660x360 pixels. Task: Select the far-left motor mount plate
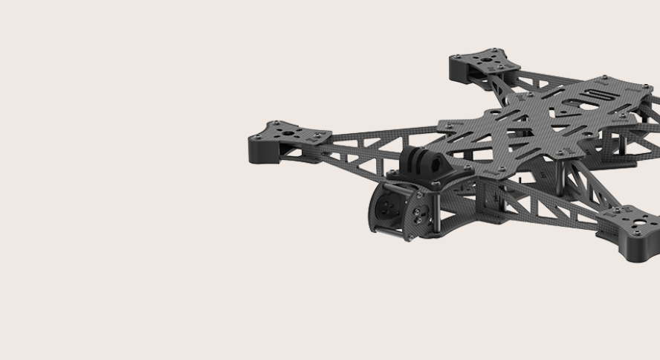tap(290, 133)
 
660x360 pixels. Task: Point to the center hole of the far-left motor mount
tap(288, 134)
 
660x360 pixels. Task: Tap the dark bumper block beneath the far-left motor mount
tap(268, 152)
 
